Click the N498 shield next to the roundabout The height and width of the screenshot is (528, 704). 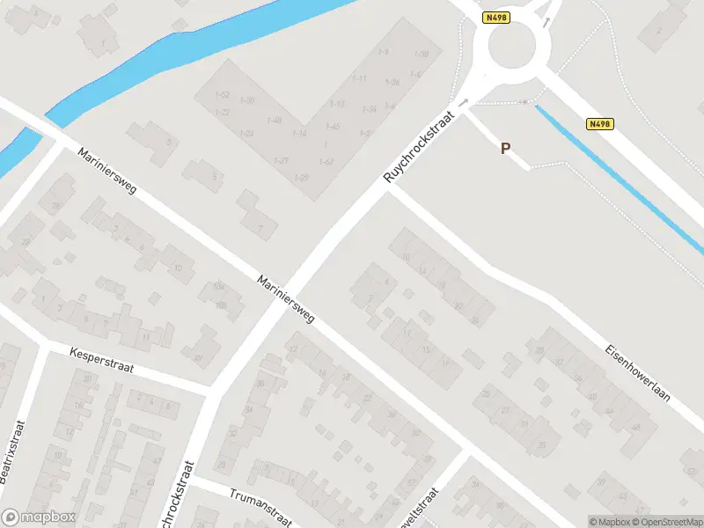495,17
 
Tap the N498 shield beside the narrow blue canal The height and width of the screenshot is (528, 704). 599,125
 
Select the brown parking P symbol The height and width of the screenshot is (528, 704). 505,149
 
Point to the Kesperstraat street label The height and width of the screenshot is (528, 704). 101,359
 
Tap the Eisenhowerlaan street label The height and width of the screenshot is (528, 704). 637,372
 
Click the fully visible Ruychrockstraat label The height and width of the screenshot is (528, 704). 423,146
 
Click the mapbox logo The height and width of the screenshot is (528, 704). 37,517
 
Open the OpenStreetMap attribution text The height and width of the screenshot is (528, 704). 671,522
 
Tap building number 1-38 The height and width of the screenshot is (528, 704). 422,55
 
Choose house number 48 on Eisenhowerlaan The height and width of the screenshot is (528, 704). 635,429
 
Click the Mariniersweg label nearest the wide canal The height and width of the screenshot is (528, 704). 106,172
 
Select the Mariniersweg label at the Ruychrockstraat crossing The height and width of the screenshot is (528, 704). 286,300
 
